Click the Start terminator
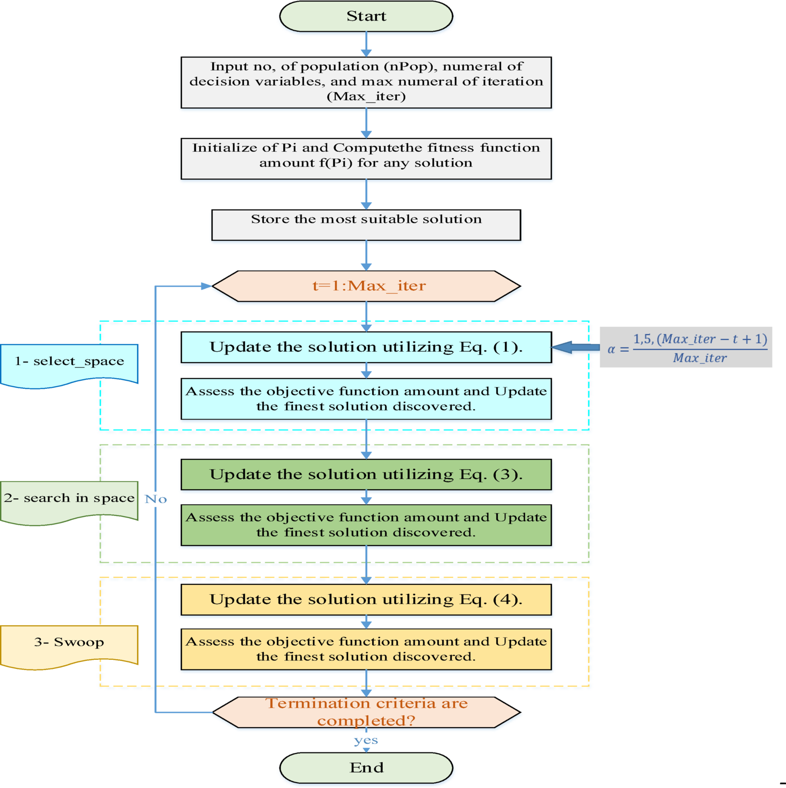366,16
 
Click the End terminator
366,768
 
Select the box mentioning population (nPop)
366,82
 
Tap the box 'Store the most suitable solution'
366,225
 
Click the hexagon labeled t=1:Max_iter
366,286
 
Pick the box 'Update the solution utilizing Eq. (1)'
366,347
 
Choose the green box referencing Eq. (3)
366,475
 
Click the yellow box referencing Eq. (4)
366,599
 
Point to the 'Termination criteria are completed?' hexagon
366,712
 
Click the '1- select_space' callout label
69,362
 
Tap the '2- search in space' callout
69,499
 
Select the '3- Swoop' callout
69,643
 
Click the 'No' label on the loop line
156,499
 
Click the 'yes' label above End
366,741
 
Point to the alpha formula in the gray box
686,347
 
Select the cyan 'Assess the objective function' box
366,399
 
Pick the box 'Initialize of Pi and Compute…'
366,158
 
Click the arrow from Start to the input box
366,43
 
